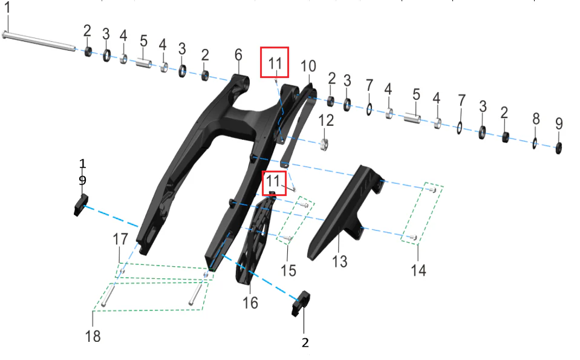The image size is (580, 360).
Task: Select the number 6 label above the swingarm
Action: [238, 55]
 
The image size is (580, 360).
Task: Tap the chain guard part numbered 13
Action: [345, 212]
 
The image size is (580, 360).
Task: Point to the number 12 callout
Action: [326, 120]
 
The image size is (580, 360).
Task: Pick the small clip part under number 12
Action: [324, 145]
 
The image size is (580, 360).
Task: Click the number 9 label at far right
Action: [559, 123]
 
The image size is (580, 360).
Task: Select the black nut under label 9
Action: [559, 148]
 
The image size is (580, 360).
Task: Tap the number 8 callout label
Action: [536, 119]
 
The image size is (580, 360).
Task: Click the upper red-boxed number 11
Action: [275, 64]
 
